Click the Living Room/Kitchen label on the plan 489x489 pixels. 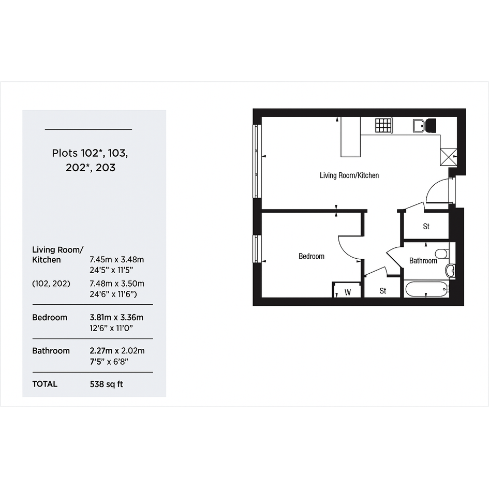(x=349, y=175)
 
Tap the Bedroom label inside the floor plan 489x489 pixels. (x=311, y=256)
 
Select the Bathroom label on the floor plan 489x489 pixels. (x=423, y=261)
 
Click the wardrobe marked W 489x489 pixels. (x=347, y=290)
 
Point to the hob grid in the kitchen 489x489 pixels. (x=383, y=125)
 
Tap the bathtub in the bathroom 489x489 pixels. (x=426, y=289)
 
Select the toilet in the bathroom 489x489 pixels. (x=442, y=254)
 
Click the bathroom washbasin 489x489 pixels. (x=450, y=271)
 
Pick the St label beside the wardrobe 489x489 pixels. (x=382, y=291)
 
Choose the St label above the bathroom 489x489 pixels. (x=426, y=227)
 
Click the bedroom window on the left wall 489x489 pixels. (x=256, y=248)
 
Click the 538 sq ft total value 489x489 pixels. (x=107, y=384)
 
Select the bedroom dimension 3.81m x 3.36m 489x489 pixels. (x=116, y=318)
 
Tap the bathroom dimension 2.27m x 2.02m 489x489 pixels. (x=117, y=351)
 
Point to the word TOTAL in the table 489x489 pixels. (x=45, y=384)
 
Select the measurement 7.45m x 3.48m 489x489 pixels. (x=117, y=259)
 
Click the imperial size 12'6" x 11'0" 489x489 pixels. (x=111, y=328)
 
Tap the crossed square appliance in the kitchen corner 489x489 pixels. (x=448, y=157)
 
